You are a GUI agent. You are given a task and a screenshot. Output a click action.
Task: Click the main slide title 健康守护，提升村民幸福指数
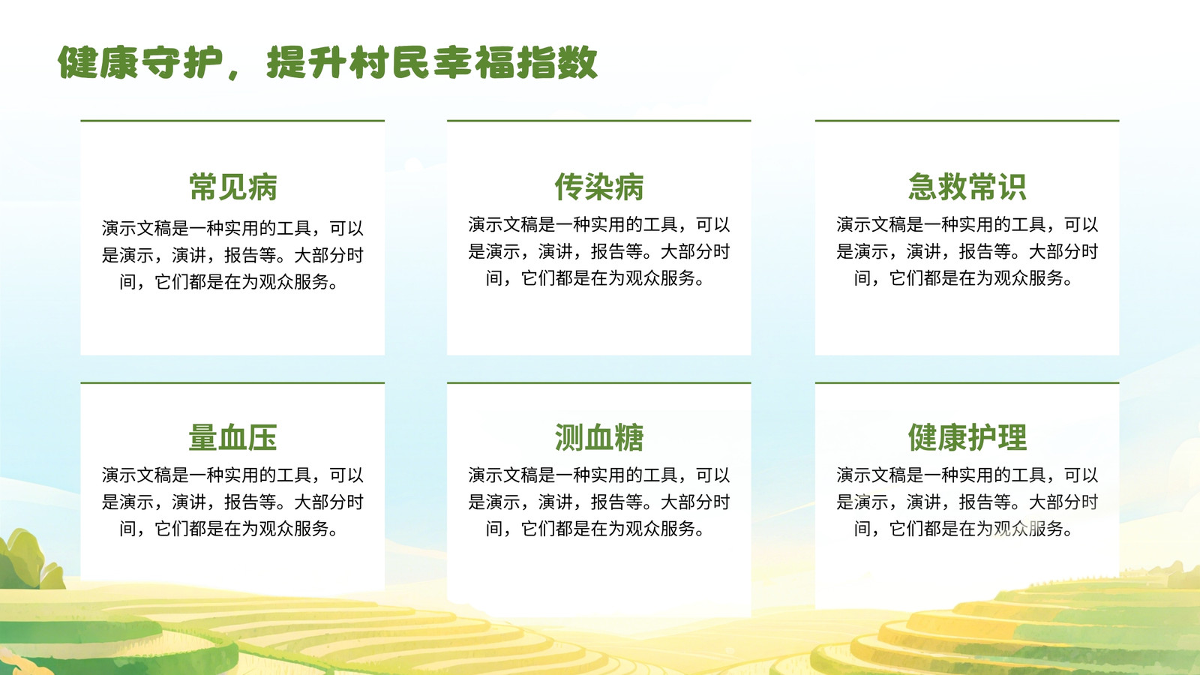(x=327, y=63)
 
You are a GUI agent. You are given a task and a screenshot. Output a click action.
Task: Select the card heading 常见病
(x=233, y=187)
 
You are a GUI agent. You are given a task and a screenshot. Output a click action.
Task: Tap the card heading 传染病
(x=599, y=187)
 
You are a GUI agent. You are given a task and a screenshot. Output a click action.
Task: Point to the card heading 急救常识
(x=967, y=187)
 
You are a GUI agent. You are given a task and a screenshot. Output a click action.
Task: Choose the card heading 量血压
(x=233, y=438)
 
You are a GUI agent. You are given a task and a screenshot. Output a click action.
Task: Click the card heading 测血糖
(x=599, y=438)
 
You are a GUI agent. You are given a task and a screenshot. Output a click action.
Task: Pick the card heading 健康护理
(x=967, y=438)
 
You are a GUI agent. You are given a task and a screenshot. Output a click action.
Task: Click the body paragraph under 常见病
(x=232, y=255)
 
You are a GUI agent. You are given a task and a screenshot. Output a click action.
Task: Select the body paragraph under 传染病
(x=599, y=251)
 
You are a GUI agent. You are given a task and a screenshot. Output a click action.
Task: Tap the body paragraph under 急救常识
(x=967, y=251)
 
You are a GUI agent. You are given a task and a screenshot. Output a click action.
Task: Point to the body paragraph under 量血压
(x=232, y=502)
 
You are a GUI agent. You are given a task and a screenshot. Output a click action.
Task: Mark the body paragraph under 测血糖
(x=599, y=502)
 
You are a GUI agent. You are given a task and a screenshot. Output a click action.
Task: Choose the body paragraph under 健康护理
(x=967, y=502)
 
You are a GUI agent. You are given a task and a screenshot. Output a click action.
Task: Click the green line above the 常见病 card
(x=232, y=121)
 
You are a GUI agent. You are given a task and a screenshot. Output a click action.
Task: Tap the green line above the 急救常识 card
(x=967, y=121)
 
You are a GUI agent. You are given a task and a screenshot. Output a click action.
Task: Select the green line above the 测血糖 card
(x=599, y=383)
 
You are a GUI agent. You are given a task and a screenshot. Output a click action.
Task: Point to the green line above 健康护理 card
(x=967, y=383)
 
